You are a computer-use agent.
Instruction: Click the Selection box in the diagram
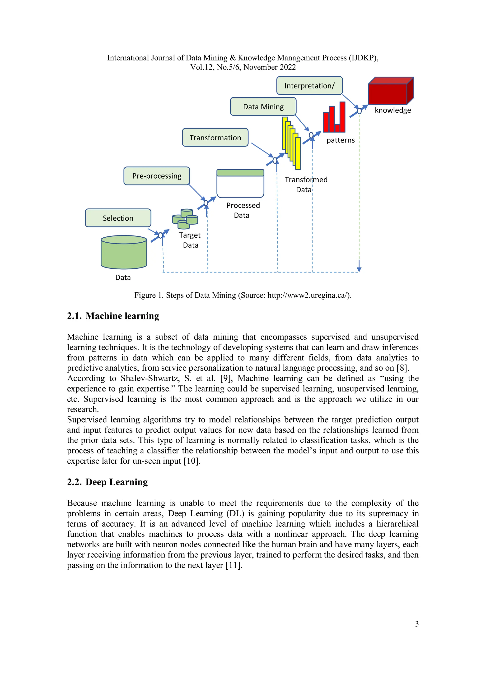tap(118, 218)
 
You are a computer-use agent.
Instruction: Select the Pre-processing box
tap(157, 176)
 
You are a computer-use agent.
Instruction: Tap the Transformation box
tap(215, 138)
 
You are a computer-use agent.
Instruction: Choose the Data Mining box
tap(263, 106)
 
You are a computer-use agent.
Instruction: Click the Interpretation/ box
tap(309, 86)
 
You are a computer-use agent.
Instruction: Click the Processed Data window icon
tap(240, 184)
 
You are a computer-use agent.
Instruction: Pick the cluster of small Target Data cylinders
tap(185, 219)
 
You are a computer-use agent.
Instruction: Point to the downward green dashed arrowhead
tap(359, 270)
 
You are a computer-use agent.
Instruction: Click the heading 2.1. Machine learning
tap(113, 316)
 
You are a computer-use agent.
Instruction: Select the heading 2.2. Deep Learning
tap(107, 482)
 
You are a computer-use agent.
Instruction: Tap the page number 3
tap(416, 624)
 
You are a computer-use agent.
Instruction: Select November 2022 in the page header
tap(270, 67)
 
